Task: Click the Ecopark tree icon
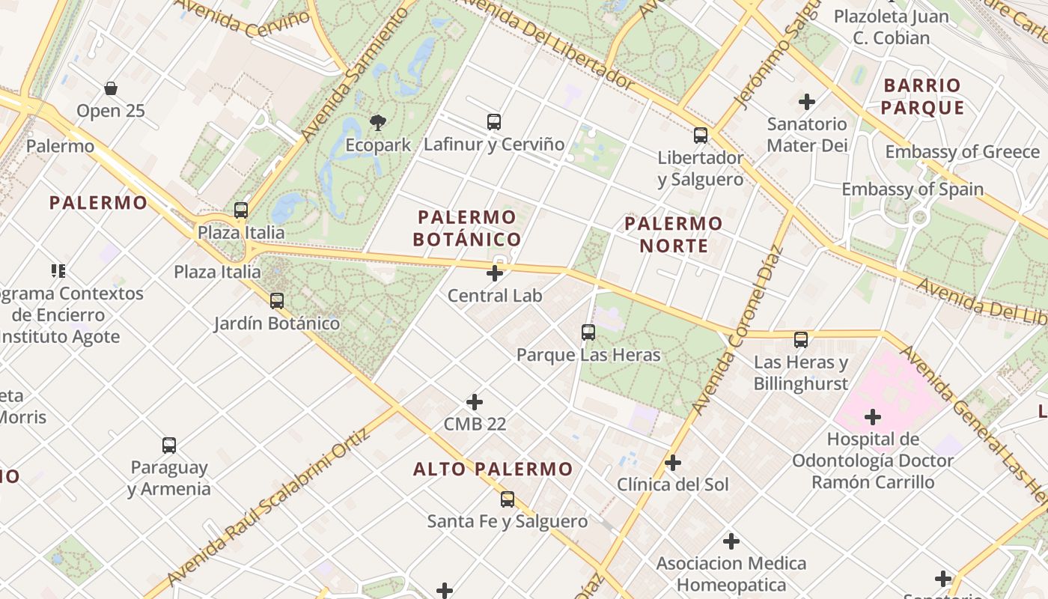378,122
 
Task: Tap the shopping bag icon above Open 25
111,88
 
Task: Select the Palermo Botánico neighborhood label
468,228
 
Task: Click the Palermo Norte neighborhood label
674,234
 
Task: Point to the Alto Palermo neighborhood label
493,469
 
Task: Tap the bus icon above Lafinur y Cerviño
494,121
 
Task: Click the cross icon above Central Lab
495,273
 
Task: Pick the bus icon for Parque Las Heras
588,332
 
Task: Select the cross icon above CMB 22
475,402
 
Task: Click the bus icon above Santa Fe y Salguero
508,499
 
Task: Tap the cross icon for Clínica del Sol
673,463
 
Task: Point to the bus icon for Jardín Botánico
277,301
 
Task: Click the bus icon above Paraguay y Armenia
169,446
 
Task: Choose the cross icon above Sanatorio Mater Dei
807,101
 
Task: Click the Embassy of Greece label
963,152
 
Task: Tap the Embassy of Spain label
913,189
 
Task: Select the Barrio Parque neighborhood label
922,97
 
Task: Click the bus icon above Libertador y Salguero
701,136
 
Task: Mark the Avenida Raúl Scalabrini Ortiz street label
269,509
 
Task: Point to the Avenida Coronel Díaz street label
737,329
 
